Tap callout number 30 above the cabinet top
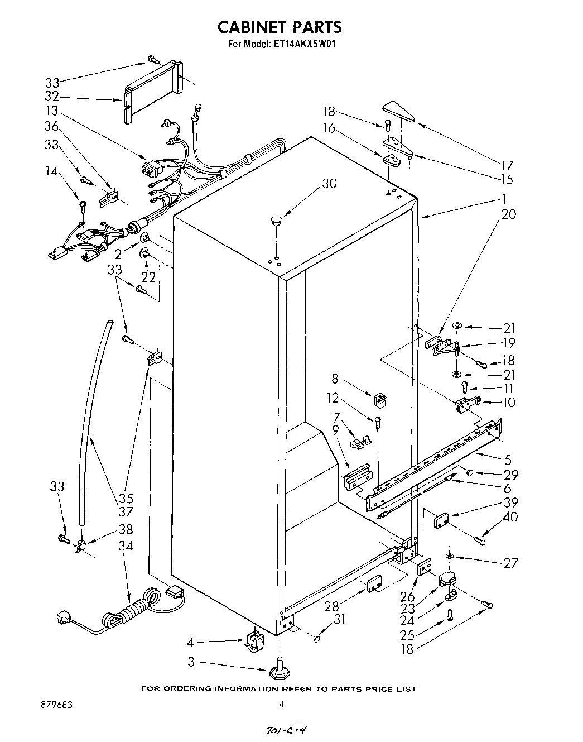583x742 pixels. point(329,183)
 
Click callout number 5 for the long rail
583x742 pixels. point(508,461)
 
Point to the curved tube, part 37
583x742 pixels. point(92,424)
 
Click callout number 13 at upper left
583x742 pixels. point(51,111)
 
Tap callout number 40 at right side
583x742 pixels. point(510,517)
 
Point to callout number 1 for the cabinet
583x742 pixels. point(503,199)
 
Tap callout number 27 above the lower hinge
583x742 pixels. point(510,563)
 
